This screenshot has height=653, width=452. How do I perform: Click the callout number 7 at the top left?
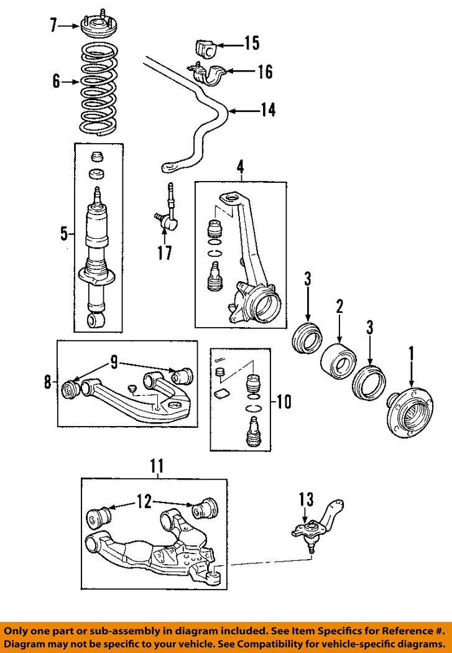(x=53, y=25)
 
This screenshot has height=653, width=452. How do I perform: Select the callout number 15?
(x=251, y=44)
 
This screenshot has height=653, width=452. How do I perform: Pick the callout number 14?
(x=267, y=111)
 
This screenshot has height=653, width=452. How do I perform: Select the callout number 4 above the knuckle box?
(x=240, y=166)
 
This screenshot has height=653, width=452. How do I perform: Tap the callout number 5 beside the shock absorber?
(x=63, y=234)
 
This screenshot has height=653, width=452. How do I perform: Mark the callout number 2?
(x=339, y=306)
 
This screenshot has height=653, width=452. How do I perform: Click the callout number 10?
(x=283, y=402)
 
